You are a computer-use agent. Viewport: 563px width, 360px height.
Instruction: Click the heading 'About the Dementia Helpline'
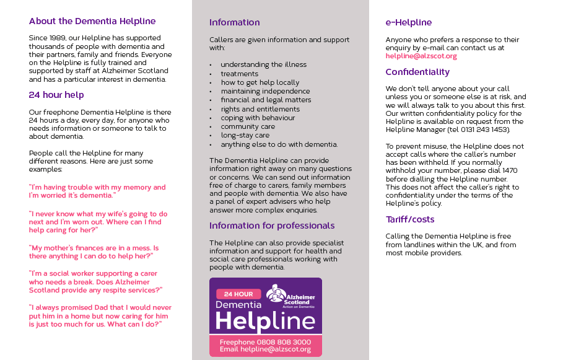[92, 21]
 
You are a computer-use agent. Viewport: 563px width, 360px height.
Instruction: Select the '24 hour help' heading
[56, 95]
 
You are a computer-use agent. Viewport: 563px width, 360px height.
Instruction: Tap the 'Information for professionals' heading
[272, 226]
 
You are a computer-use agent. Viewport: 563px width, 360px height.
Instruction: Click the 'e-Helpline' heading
[409, 22]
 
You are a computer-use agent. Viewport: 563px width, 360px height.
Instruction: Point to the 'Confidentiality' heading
[417, 72]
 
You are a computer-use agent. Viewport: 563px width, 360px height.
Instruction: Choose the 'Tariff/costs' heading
[410, 219]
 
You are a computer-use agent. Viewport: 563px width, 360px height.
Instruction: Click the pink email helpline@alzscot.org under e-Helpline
[421, 56]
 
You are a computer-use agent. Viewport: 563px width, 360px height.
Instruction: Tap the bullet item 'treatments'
[240, 74]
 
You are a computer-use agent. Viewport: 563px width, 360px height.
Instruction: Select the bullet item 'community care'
[248, 126]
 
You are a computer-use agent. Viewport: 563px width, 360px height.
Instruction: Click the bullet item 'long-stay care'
[245, 135]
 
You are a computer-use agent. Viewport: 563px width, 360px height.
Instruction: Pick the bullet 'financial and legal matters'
[266, 100]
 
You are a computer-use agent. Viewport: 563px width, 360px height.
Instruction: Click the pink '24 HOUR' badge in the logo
[238, 294]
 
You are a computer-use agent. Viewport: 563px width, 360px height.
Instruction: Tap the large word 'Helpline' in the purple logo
[265, 320]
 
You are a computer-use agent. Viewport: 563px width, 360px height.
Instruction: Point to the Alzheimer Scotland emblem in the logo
[276, 294]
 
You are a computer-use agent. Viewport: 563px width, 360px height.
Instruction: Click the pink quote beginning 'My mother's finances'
[94, 252]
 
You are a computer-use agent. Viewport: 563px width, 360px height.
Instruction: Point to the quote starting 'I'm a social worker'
[96, 281]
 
